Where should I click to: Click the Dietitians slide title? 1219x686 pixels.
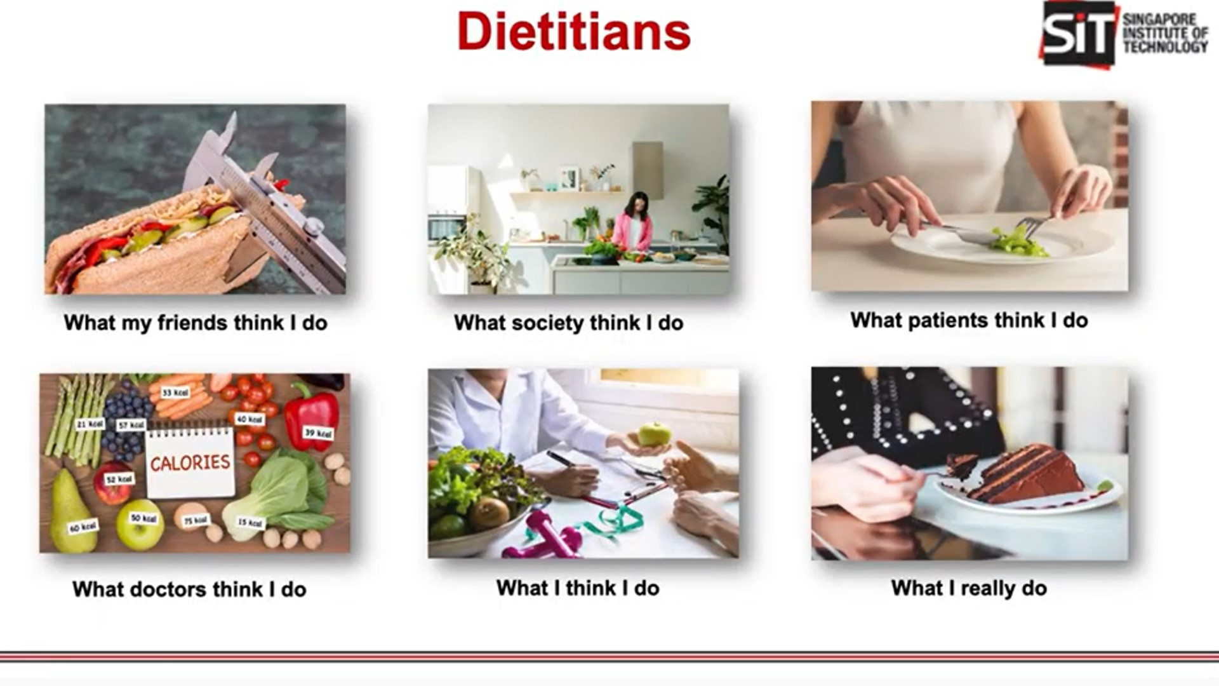[573, 32]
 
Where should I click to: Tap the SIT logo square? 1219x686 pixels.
[1077, 33]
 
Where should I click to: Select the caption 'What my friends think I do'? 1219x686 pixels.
[196, 323]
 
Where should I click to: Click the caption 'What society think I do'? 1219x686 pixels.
[568, 323]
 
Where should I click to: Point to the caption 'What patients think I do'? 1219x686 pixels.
[969, 320]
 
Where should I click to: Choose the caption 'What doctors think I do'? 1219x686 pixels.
[189, 589]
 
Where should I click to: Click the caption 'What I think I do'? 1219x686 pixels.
[578, 588]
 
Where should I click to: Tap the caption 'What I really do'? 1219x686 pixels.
[969, 588]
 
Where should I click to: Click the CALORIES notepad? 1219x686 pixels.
[190, 462]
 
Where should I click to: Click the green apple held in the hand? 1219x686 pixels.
[654, 434]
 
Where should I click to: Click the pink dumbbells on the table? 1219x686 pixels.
[546, 537]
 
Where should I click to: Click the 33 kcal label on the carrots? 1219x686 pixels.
[175, 393]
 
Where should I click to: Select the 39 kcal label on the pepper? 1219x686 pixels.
[317, 433]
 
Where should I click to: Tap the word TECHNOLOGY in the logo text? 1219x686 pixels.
[1165, 47]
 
